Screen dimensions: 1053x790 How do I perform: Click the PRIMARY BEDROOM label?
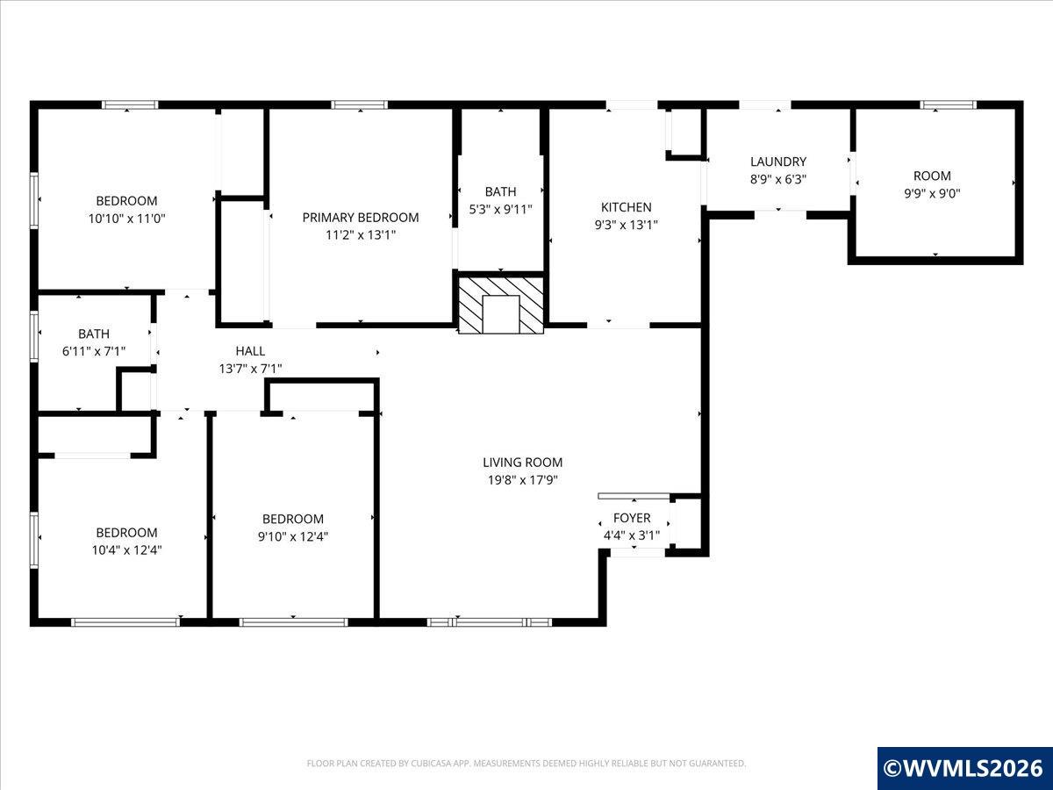(361, 218)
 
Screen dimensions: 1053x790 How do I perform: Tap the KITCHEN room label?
(626, 207)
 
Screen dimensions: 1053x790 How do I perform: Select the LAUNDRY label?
(778, 162)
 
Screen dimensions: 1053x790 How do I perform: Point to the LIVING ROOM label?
(522, 463)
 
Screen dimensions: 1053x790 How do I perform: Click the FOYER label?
(632, 518)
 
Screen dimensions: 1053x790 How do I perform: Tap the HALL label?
(250, 351)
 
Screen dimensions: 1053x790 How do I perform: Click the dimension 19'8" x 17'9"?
(522, 480)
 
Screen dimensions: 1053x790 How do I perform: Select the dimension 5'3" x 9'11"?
(500, 210)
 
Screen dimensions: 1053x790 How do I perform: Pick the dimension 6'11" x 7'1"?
(94, 352)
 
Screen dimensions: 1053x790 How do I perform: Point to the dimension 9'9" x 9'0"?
(932, 194)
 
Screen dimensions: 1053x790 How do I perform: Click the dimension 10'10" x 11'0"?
(126, 219)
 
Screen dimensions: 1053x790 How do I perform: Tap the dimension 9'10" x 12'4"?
(292, 536)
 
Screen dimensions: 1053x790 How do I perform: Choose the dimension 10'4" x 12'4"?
(126, 550)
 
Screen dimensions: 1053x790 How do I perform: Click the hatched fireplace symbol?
(501, 305)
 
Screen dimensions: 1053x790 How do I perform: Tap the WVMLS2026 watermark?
(964, 768)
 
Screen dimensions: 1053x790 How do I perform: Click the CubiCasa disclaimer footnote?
(526, 763)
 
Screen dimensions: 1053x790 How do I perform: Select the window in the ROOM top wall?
(948, 105)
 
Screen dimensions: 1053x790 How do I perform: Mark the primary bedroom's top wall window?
(359, 105)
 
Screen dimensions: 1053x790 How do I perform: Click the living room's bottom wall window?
(490, 622)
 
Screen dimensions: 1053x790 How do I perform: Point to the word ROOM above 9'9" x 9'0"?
(932, 176)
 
